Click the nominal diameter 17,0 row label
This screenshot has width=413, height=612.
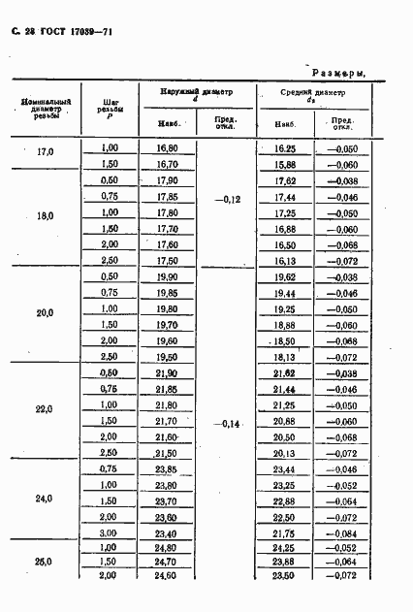[45, 153]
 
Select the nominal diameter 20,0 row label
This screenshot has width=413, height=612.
[45, 313]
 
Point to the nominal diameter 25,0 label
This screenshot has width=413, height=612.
[45, 562]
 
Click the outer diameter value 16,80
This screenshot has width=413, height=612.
[166, 147]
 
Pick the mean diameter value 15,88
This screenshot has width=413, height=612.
[285, 165]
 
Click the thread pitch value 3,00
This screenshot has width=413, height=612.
[109, 533]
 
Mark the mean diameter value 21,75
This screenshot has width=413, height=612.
[285, 533]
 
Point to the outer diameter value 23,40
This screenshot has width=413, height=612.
[166, 533]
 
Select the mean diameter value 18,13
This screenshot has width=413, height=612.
[285, 356]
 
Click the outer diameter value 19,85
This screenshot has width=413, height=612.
[166, 292]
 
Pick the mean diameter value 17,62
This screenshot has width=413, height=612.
[285, 180]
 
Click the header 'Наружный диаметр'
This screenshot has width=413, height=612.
[198, 90]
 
